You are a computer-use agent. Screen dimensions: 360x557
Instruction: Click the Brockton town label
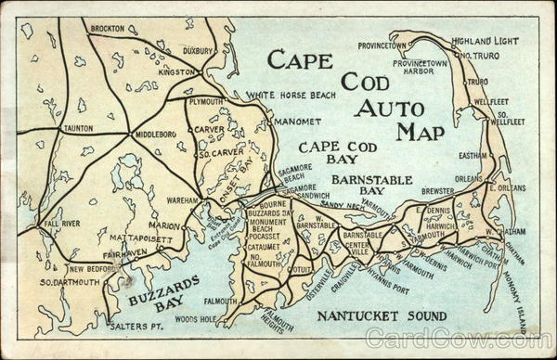coord(108,29)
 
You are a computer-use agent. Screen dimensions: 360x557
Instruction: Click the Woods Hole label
coord(195,319)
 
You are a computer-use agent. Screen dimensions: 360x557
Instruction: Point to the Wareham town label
coord(184,199)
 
